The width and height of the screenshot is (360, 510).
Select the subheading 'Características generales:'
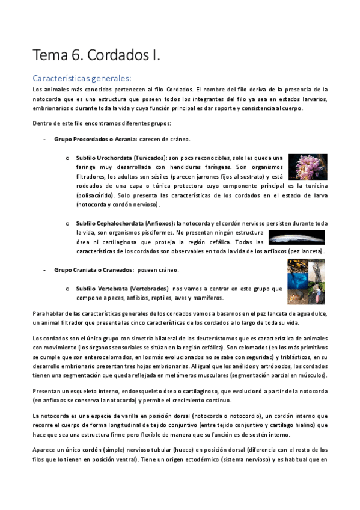[x=82, y=78]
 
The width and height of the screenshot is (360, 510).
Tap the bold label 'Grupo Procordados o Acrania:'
[x=96, y=139]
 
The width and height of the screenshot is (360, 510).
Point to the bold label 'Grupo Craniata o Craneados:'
[x=93, y=269]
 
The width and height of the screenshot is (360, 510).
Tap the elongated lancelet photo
[x=296, y=236]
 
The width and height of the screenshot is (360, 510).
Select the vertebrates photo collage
[x=306, y=281]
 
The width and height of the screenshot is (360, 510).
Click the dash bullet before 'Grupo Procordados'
[x=46, y=139]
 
